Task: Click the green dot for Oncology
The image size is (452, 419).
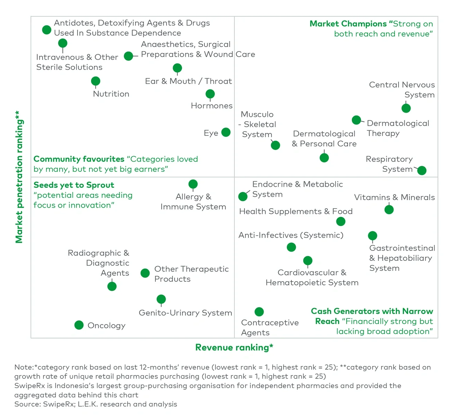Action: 79,325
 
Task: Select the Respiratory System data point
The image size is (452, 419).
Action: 421,170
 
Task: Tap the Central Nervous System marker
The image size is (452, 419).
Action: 406,108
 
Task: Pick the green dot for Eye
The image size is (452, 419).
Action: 226,132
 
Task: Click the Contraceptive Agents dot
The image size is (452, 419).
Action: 259,312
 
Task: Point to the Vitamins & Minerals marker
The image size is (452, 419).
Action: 389,210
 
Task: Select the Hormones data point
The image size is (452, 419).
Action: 210,94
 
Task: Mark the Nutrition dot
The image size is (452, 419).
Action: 96,81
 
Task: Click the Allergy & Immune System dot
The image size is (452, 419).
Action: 193,184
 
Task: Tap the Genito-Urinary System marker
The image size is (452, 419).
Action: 161,299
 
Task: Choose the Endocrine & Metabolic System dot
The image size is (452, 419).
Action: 243,196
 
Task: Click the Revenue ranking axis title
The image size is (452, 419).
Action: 234,347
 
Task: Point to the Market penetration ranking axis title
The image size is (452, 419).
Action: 19,177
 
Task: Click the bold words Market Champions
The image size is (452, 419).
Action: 348,24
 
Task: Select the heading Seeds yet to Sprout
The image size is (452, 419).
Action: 74,185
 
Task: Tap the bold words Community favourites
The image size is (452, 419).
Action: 79,159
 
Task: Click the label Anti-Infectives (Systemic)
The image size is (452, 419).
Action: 291,235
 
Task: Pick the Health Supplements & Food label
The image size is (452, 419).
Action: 296,211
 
